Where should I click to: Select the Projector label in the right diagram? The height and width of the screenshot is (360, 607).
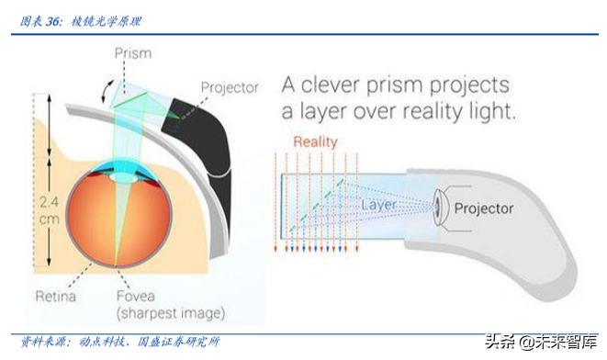484,209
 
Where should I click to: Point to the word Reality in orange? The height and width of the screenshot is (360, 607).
315,142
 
